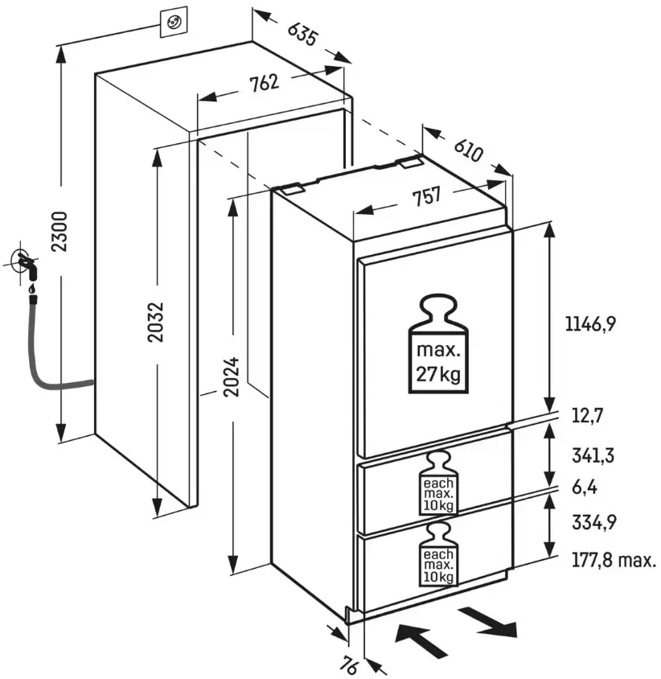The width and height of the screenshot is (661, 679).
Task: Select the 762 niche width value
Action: coord(263,83)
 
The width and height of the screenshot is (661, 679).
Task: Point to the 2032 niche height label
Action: coord(156,322)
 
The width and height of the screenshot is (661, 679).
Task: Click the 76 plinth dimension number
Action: coord(348,666)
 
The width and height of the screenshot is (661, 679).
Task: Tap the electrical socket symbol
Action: coord(174,23)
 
